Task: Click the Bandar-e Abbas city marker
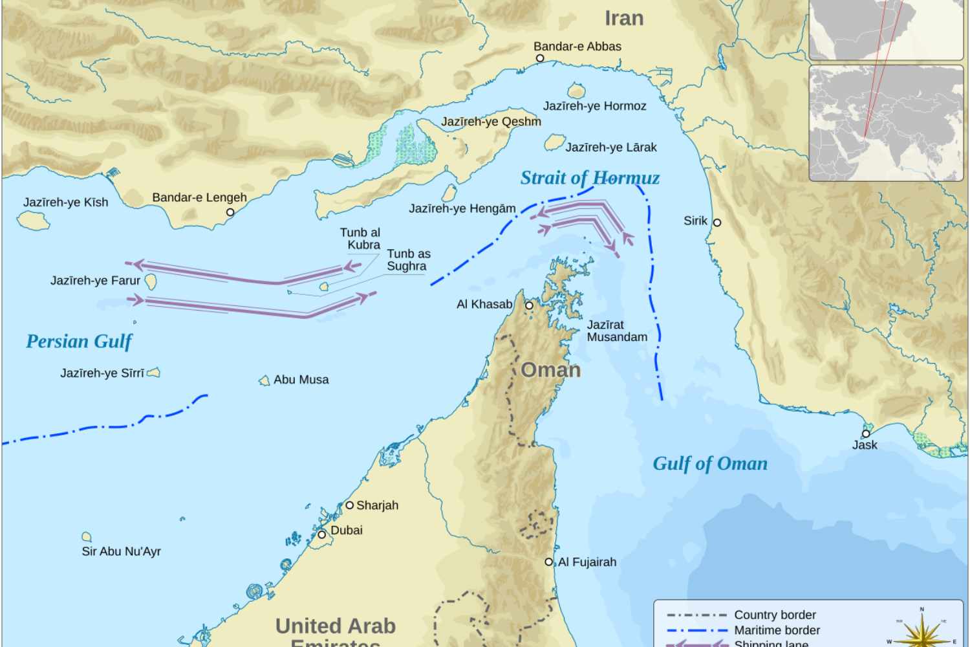click(540, 58)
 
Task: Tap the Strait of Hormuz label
click(590, 178)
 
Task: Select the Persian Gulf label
click(79, 342)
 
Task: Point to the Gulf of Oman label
click(710, 463)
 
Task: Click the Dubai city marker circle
click(321, 534)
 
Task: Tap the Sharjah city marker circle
click(349, 505)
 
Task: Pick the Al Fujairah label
click(587, 562)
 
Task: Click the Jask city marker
click(866, 433)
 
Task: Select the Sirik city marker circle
click(717, 222)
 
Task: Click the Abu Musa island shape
click(264, 380)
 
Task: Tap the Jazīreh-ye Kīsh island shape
click(34, 220)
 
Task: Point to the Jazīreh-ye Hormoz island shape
click(576, 91)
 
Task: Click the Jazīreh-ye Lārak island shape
click(554, 142)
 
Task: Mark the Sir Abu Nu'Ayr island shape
click(87, 536)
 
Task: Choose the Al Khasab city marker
click(529, 305)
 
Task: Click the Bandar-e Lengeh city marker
click(230, 212)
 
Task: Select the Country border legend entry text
click(775, 615)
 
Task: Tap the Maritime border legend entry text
click(777, 630)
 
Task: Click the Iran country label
click(624, 18)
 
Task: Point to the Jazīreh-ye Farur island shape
click(151, 281)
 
